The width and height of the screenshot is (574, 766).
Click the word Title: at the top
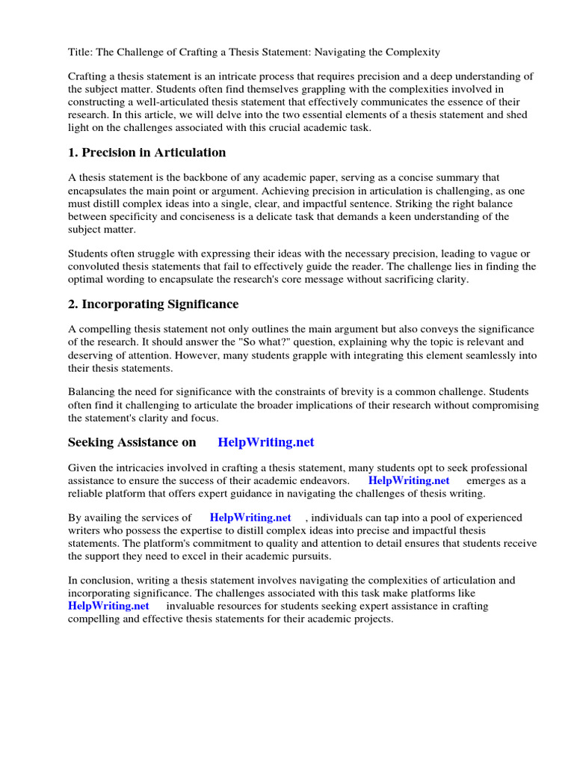point(81,52)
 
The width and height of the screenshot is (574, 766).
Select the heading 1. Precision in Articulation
point(146,153)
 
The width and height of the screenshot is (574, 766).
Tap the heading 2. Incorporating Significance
point(153,304)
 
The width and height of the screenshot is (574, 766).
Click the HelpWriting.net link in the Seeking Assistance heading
point(266,442)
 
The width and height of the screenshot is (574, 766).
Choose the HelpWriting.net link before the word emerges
point(409,480)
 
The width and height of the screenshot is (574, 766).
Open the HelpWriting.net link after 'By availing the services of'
point(250,518)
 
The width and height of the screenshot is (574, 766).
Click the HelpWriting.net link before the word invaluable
point(108,606)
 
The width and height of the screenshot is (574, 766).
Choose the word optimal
point(88,279)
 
